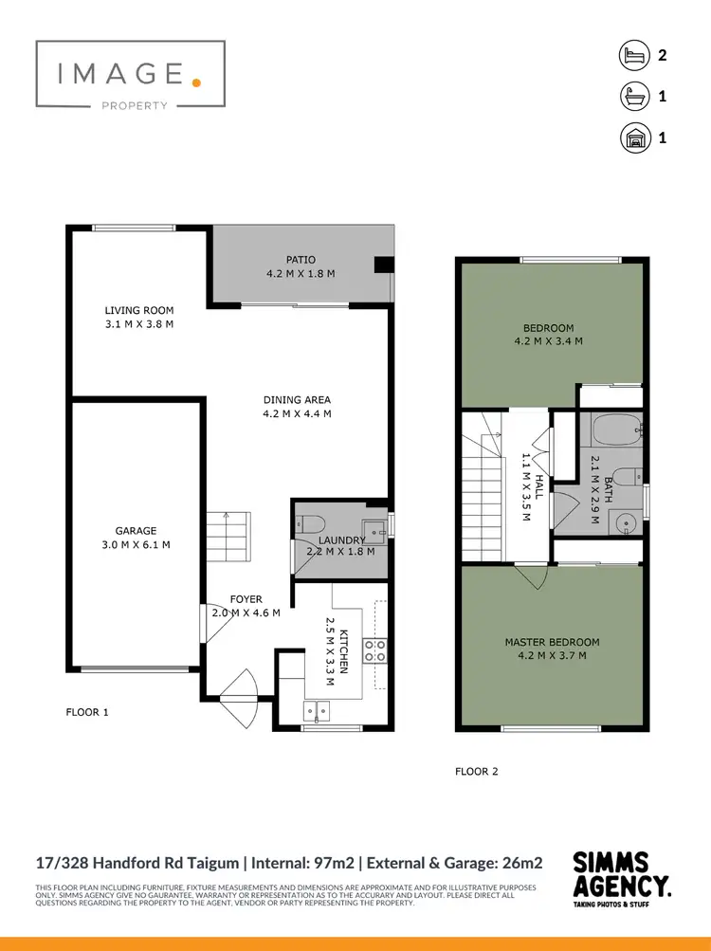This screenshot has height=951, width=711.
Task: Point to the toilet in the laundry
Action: pyautogui.click(x=309, y=524)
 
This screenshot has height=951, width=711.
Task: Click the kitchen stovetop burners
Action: pyautogui.click(x=375, y=650)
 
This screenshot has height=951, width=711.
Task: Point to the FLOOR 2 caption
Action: pyautogui.click(x=476, y=772)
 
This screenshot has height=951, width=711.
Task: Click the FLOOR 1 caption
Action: pyautogui.click(x=87, y=712)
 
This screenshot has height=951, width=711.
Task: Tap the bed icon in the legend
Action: pyautogui.click(x=632, y=55)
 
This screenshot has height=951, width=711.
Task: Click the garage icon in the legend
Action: pyautogui.click(x=632, y=137)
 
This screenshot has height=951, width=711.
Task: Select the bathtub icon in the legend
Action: pyautogui.click(x=632, y=96)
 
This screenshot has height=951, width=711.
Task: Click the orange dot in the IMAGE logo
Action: pyautogui.click(x=196, y=82)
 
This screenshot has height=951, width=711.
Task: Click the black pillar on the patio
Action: pyautogui.click(x=383, y=265)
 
